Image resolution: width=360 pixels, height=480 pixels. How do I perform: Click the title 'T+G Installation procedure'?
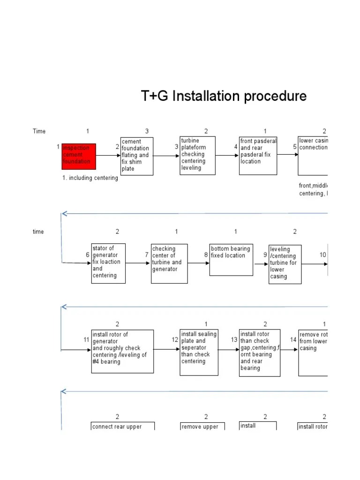tap(224, 97)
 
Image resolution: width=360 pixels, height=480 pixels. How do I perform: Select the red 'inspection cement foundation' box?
tap(79, 156)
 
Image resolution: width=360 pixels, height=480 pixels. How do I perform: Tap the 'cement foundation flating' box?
tap(137, 156)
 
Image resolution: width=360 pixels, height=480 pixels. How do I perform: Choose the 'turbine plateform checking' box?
tap(198, 155)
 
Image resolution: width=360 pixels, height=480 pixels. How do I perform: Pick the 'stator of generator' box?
tap(108, 263)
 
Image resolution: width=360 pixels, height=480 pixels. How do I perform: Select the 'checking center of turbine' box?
tap(169, 263)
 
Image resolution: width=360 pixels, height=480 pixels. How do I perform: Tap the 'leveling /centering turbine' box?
tap(285, 264)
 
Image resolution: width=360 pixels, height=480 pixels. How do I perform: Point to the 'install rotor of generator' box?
tap(122, 351)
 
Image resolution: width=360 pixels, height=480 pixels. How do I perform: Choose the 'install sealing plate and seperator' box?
tap(199, 352)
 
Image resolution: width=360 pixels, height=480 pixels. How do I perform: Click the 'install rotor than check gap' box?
tap(260, 352)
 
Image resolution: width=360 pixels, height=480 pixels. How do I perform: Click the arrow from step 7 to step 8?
tap(198, 263)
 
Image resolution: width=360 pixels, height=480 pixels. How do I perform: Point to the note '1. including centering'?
tap(90, 178)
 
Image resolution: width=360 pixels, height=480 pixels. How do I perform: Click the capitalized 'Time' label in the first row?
tap(39, 131)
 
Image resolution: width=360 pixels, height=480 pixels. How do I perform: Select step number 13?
tap(234, 340)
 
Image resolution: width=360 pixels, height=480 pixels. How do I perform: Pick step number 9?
tap(265, 255)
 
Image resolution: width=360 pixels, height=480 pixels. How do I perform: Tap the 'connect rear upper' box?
tap(122, 426)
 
